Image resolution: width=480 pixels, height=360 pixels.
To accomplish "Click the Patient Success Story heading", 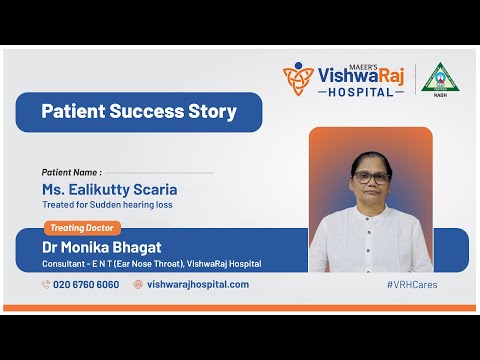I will pos(139,112).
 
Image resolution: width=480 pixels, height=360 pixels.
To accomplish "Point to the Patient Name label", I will pos(71,172).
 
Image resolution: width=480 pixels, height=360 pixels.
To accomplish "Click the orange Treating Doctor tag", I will pos(84,227).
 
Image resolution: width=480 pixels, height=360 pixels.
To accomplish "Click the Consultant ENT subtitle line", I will pos(151,264).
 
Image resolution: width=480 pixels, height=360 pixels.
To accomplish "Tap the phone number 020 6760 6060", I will pos(86,284).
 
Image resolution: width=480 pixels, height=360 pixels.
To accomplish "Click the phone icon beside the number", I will pos(46,284).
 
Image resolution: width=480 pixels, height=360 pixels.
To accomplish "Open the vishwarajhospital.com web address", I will pos(198,284).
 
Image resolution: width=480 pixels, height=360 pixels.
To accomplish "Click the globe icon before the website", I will pos(138,284).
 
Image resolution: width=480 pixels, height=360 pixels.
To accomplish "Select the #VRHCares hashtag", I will pos(411,284).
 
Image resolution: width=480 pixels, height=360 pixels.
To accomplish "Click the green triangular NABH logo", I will pos(436,77).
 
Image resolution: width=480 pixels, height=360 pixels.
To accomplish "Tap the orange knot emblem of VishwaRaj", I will pos(297,77).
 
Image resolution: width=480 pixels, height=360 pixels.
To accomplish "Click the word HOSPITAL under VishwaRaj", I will pos(361,91).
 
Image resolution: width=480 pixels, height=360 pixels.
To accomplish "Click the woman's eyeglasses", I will pos(370,176).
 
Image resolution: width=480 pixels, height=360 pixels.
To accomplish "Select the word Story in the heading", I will pos(213,112).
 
